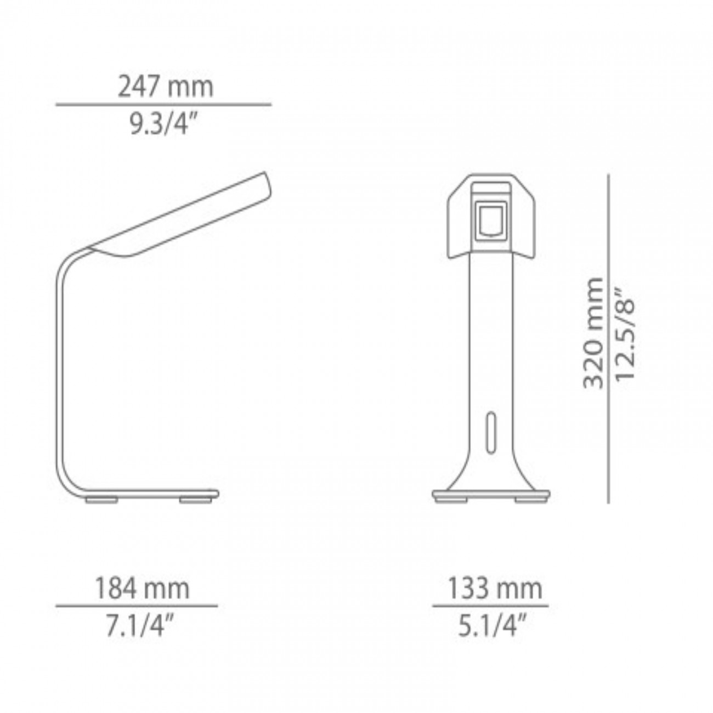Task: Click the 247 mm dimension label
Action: click(165, 87)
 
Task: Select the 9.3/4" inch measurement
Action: click(163, 125)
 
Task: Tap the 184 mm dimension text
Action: click(142, 589)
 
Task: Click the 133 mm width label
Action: click(494, 589)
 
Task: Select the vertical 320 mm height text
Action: click(593, 333)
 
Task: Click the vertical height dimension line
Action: click(608, 338)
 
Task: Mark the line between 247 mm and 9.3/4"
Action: click(163, 104)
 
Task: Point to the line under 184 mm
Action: click(137, 606)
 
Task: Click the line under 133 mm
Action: click(490, 606)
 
